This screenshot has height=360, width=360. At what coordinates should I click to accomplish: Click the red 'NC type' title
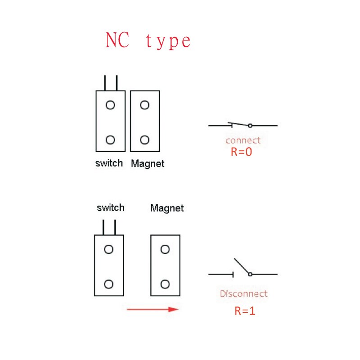tap(148, 41)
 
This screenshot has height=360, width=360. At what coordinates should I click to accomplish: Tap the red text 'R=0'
tap(241, 152)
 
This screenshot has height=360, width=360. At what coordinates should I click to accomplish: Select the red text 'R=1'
tap(245, 310)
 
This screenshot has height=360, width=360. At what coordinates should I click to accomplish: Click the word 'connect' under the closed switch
tap(243, 140)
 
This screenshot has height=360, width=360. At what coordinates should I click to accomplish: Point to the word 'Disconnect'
tap(243, 294)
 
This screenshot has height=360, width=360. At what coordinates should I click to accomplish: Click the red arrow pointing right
tap(153, 309)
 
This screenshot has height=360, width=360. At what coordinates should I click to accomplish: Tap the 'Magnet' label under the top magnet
tap(148, 164)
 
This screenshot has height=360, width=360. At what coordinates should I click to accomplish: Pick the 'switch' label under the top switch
tap(109, 163)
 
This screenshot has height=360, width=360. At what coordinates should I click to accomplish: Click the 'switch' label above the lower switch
tap(111, 208)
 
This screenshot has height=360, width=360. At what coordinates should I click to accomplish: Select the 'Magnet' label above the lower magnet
tap(167, 208)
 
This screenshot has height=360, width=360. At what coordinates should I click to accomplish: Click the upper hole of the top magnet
tap(144, 105)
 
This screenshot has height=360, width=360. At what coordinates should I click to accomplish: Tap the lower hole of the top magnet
tap(144, 140)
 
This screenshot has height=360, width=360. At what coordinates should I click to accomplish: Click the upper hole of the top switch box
tap(110, 105)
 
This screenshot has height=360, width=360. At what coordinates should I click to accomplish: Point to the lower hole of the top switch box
tap(110, 140)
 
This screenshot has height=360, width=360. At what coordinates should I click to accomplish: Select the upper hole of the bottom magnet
tap(165, 249)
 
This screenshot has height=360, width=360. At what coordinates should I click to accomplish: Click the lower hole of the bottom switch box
tap(108, 284)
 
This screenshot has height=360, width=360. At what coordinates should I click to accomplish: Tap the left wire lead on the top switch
tap(105, 83)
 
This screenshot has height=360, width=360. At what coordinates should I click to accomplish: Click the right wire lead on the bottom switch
tap(115, 227)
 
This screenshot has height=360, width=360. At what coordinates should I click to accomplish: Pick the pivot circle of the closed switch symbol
tap(250, 126)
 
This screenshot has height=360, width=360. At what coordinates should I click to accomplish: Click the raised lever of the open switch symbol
tap(241, 266)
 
